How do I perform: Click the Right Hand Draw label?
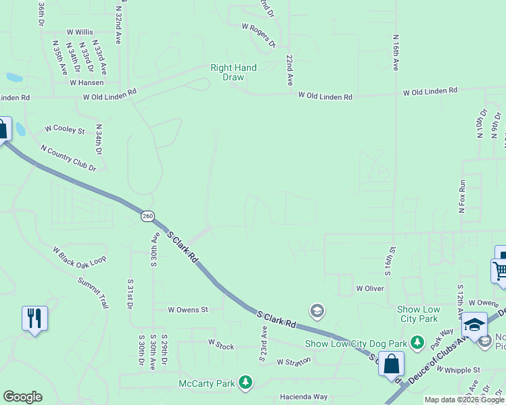[x=233, y=72]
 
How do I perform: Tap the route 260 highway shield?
[x=147, y=216]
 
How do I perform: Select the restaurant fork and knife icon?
[x=34, y=317]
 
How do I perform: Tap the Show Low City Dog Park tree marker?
[x=417, y=343]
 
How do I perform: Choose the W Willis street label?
[x=80, y=32]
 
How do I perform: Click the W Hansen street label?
[x=87, y=82]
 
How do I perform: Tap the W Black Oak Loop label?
[x=80, y=259]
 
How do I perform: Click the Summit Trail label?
[x=93, y=292]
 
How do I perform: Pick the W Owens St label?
[x=187, y=310]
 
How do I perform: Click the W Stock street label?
[x=221, y=345]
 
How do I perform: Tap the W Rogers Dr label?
[x=259, y=36]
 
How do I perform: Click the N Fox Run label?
[x=463, y=196]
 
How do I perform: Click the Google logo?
[x=22, y=397]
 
